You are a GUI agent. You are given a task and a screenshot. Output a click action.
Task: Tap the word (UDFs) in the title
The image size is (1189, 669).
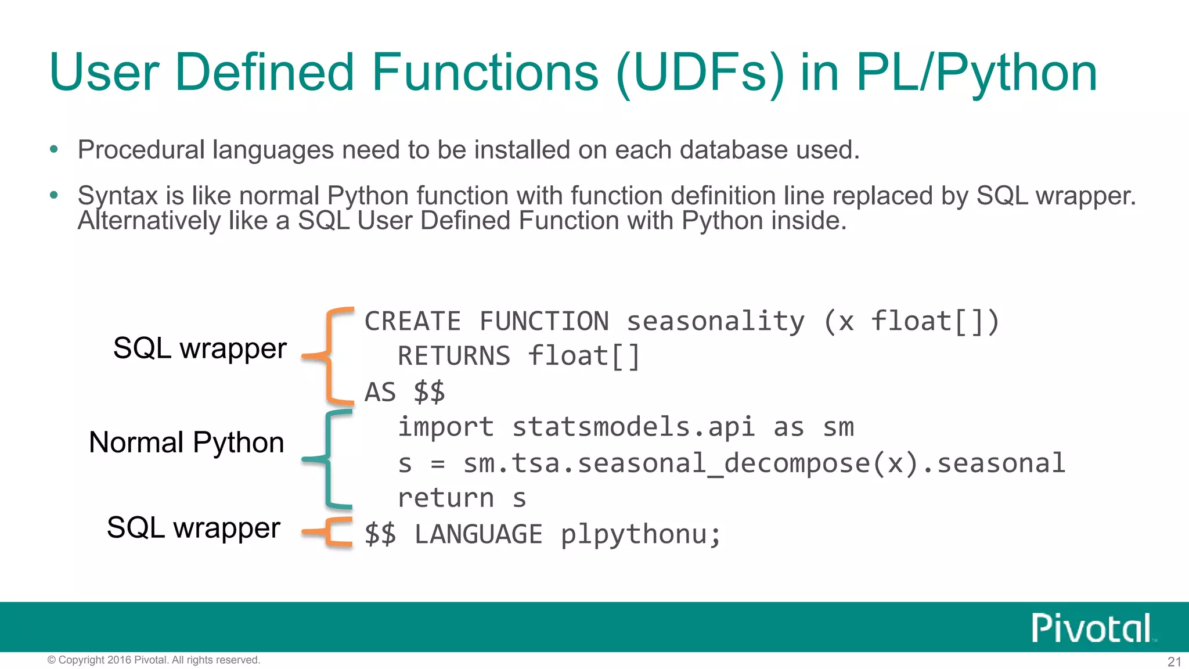[700, 74]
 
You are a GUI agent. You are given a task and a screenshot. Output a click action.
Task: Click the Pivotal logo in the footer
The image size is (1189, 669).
[1091, 628]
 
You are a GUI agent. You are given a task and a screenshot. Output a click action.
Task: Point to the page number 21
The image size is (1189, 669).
[1174, 661]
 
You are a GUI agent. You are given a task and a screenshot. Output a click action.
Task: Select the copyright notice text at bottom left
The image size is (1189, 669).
[154, 660]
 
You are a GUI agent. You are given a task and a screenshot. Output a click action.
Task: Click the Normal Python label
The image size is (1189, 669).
[186, 443]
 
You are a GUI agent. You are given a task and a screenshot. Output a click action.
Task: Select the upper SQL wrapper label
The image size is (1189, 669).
[200, 348]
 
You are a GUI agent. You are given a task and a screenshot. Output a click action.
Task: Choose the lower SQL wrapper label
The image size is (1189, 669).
[193, 527]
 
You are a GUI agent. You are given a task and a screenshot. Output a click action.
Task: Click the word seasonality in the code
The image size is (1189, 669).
[715, 322]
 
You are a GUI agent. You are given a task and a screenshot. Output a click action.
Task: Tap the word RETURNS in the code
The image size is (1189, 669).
[454, 356]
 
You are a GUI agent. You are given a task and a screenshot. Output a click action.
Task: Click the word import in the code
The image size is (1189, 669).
[446, 427]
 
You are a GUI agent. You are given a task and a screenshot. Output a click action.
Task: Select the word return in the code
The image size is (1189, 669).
[446, 498]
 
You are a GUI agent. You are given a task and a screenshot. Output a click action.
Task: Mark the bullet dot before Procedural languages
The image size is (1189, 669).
[54, 149]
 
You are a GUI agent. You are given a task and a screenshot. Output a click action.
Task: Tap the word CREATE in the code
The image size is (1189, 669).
[413, 322]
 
